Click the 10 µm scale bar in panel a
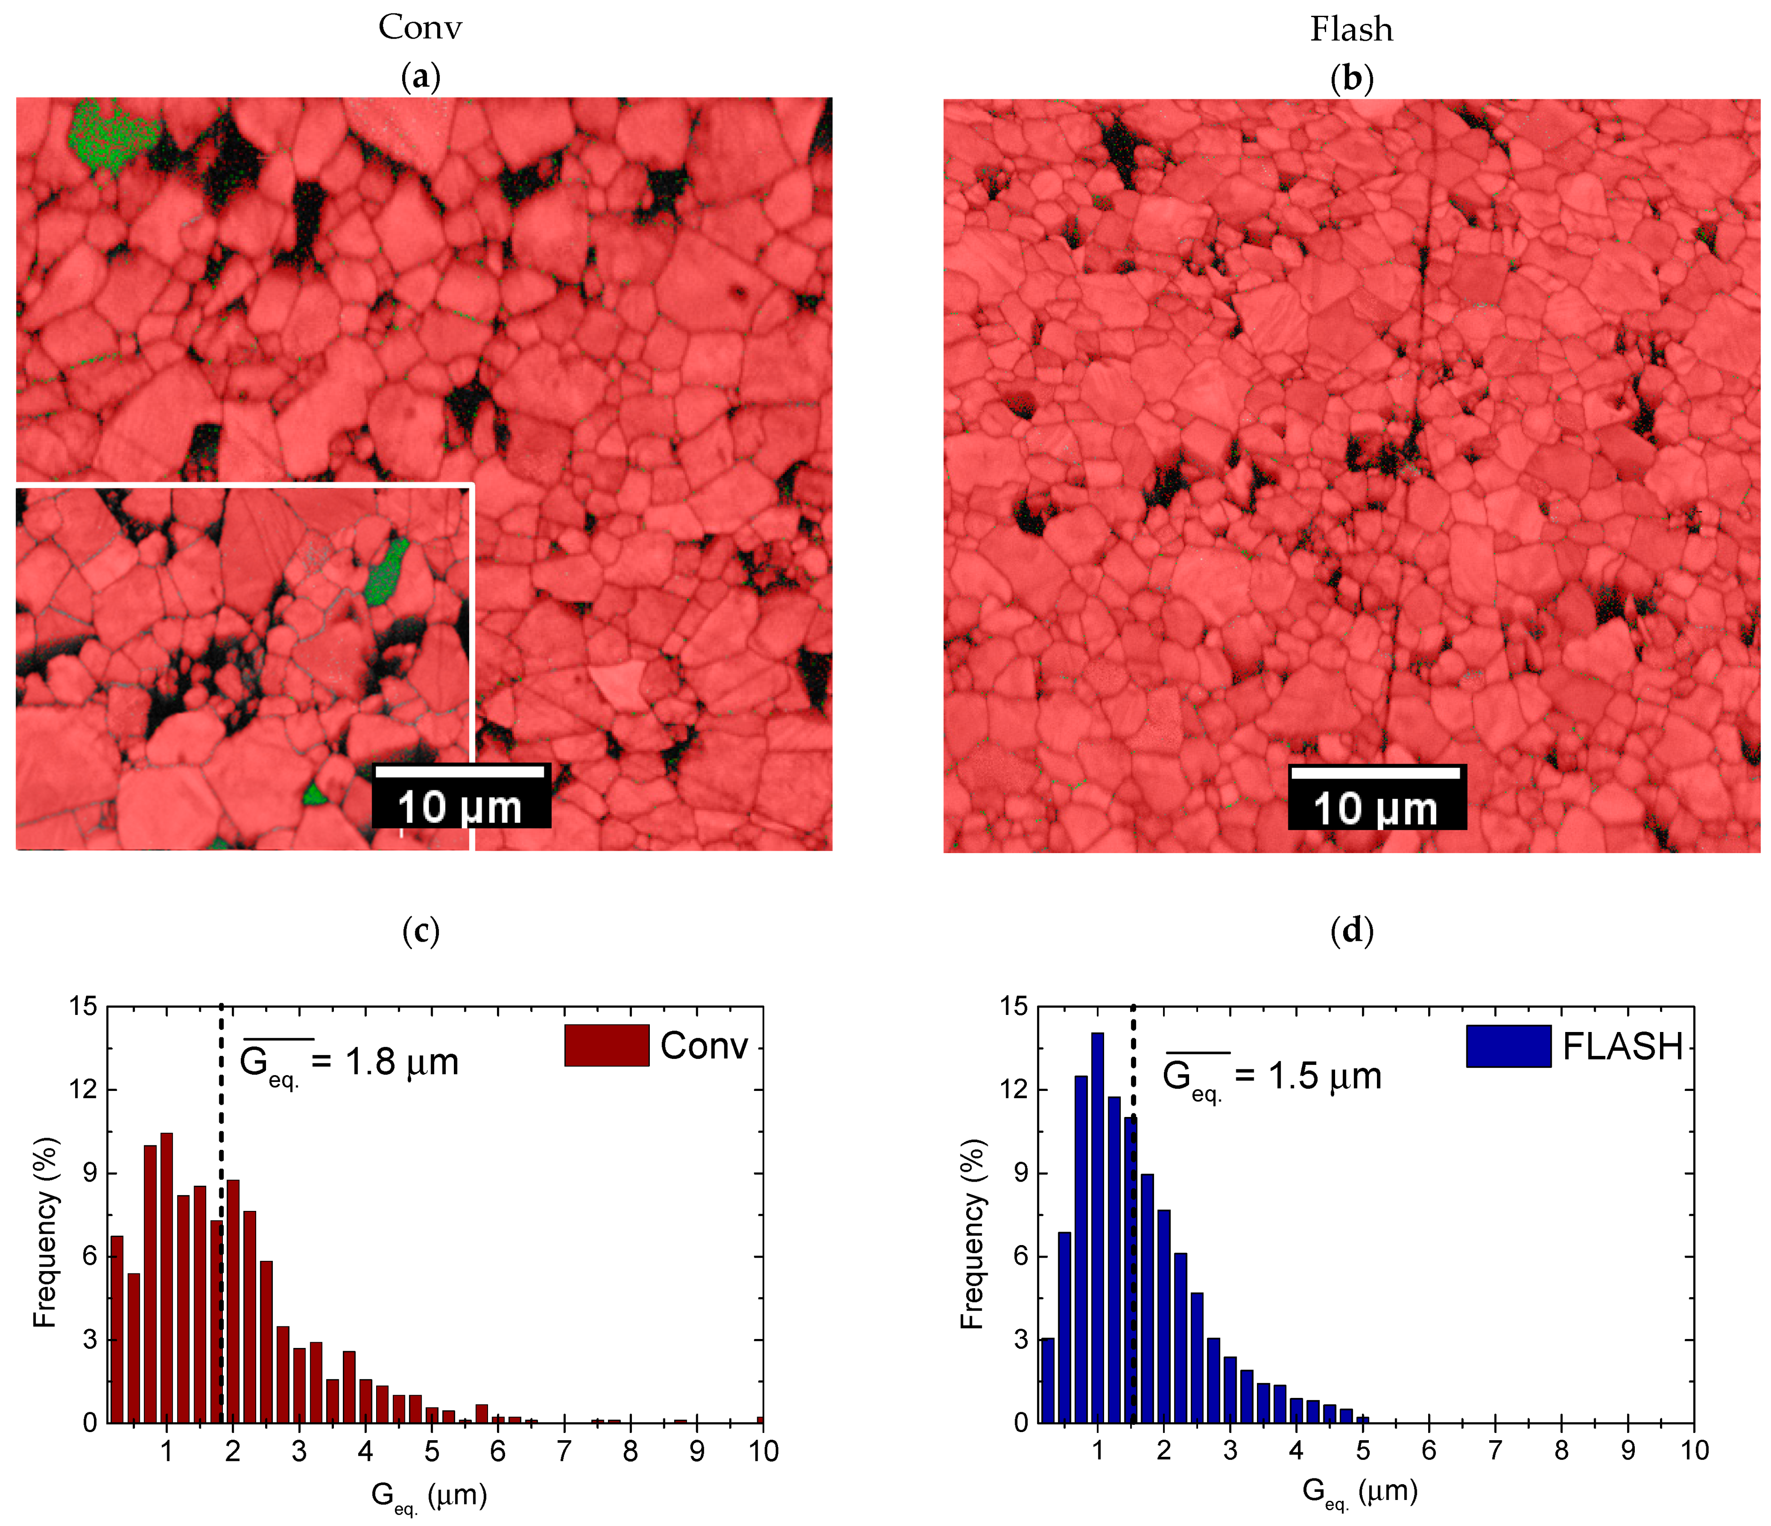tap(461, 795)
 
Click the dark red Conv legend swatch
tap(606, 1045)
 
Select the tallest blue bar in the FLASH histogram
tap(1097, 1228)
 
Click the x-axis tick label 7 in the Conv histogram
tap(564, 1451)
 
